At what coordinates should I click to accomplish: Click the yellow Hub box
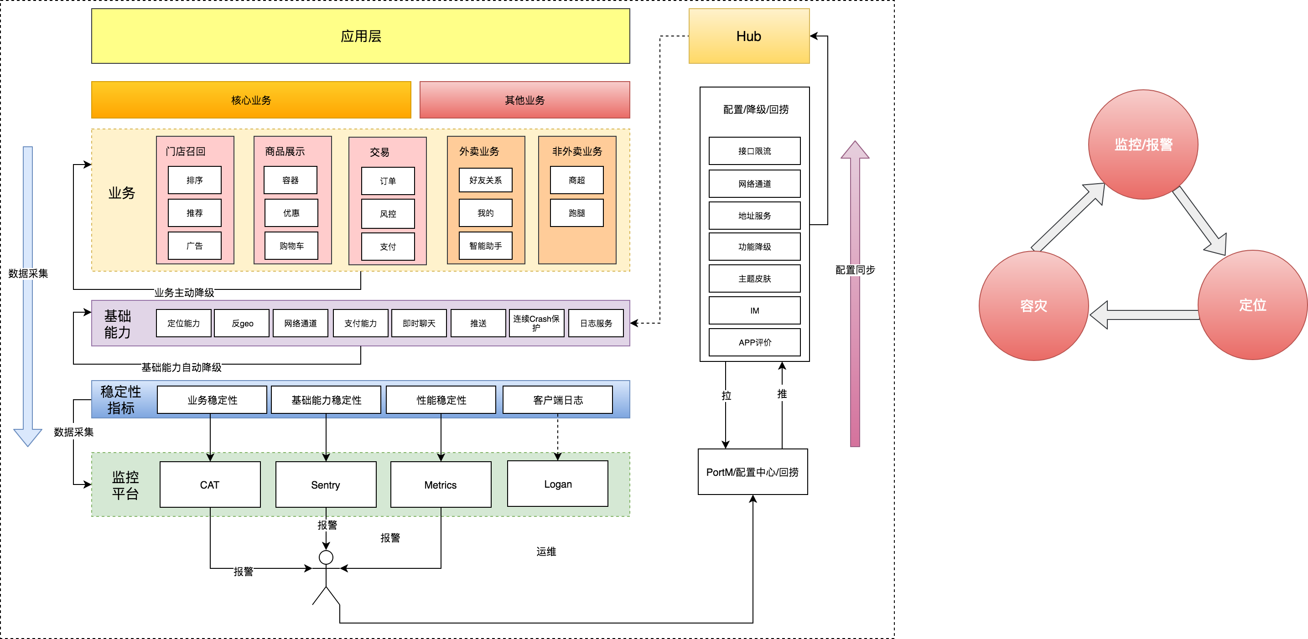point(748,36)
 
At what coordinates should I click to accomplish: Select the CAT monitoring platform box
point(210,484)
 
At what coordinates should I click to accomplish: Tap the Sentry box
point(326,484)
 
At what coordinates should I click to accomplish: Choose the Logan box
point(557,484)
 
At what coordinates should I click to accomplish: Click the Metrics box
point(440,484)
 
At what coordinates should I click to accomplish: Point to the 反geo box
point(242,323)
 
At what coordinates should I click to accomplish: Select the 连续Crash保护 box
point(536,323)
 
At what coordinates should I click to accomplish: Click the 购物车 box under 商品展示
point(291,246)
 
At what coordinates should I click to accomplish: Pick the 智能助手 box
point(485,246)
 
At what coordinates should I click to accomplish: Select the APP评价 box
point(754,342)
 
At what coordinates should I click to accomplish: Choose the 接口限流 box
point(754,151)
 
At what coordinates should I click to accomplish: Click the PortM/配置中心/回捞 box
point(753,472)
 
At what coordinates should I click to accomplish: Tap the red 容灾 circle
point(1033,305)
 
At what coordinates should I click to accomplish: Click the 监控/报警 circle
point(1143,144)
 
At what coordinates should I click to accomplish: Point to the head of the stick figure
point(326,557)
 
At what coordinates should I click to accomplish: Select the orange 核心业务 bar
point(251,100)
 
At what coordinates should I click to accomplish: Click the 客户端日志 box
point(557,400)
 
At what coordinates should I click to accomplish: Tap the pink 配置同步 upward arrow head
point(855,151)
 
